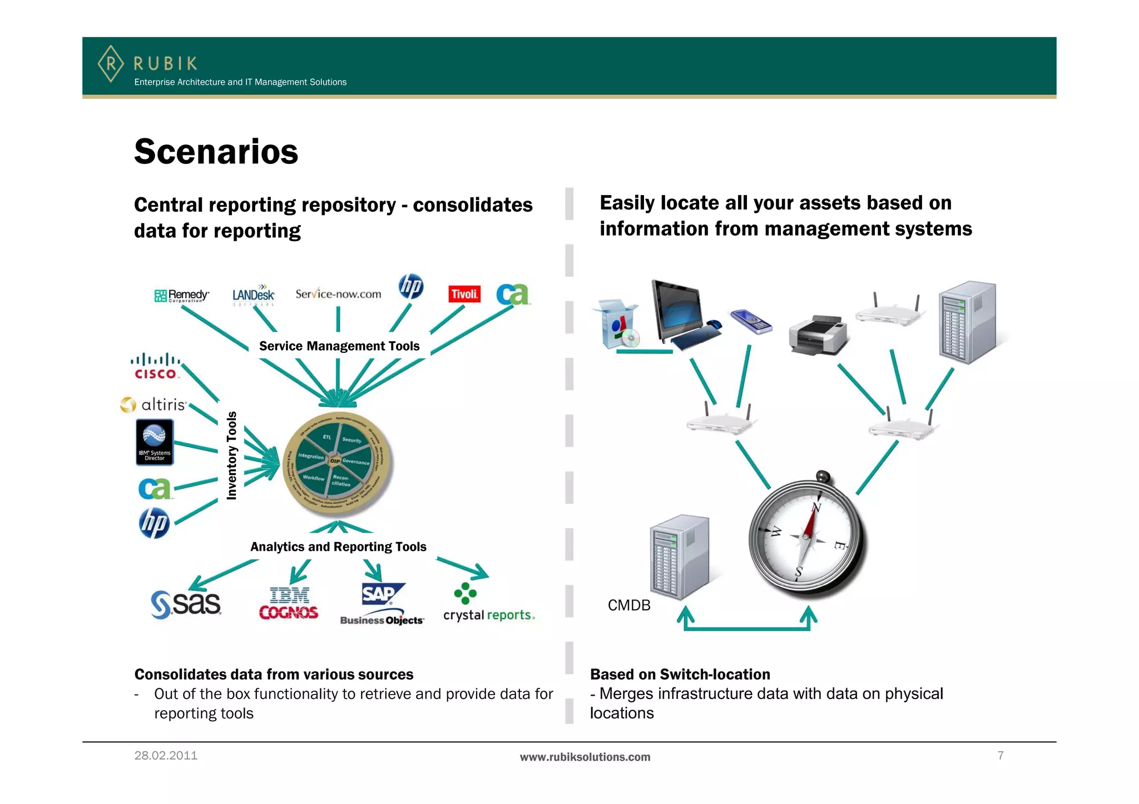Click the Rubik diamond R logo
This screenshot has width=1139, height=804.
pyautogui.click(x=111, y=64)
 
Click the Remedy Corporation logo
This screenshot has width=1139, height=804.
pyautogui.click(x=181, y=296)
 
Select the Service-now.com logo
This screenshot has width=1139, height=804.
pyautogui.click(x=338, y=294)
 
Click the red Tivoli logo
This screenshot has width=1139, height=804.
pyautogui.click(x=464, y=294)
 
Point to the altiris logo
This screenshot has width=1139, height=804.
pyautogui.click(x=153, y=405)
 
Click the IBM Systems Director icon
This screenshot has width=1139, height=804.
pyautogui.click(x=155, y=442)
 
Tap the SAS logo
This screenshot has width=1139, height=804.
pyautogui.click(x=186, y=605)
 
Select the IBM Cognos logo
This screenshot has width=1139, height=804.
pyautogui.click(x=289, y=603)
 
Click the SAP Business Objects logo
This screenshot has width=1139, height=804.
pyautogui.click(x=382, y=605)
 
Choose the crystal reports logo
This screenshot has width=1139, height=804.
pyautogui.click(x=488, y=606)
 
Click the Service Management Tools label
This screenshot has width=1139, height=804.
pyautogui.click(x=339, y=346)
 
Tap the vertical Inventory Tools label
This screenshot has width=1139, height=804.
pyautogui.click(x=232, y=456)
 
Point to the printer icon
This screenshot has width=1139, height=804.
pyautogui.click(x=818, y=335)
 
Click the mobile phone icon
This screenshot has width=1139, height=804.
pyautogui.click(x=751, y=322)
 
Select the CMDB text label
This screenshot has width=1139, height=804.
pyautogui.click(x=629, y=605)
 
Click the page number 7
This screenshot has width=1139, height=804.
pyautogui.click(x=1001, y=756)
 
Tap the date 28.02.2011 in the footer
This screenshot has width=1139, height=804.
pyautogui.click(x=166, y=756)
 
